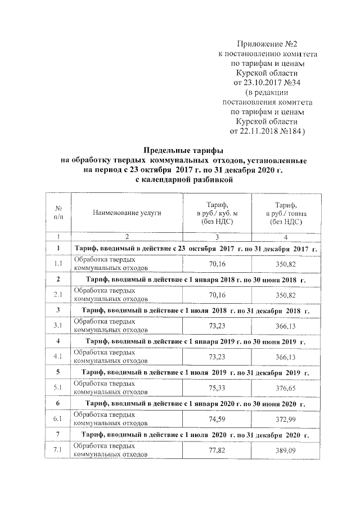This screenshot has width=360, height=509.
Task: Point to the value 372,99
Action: (286, 418)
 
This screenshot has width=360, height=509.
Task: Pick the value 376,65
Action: (286, 387)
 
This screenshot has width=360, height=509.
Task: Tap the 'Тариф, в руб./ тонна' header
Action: (286, 214)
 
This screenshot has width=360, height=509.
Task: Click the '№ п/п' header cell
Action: (58, 214)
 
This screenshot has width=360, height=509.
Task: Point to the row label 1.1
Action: (58, 263)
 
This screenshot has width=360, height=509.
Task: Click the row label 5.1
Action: (58, 387)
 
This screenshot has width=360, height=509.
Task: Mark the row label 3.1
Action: (58, 325)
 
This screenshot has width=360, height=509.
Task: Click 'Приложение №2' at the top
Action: (267, 43)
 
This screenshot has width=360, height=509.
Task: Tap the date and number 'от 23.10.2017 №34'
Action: (267, 82)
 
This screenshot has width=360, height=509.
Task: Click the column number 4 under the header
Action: (286, 236)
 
